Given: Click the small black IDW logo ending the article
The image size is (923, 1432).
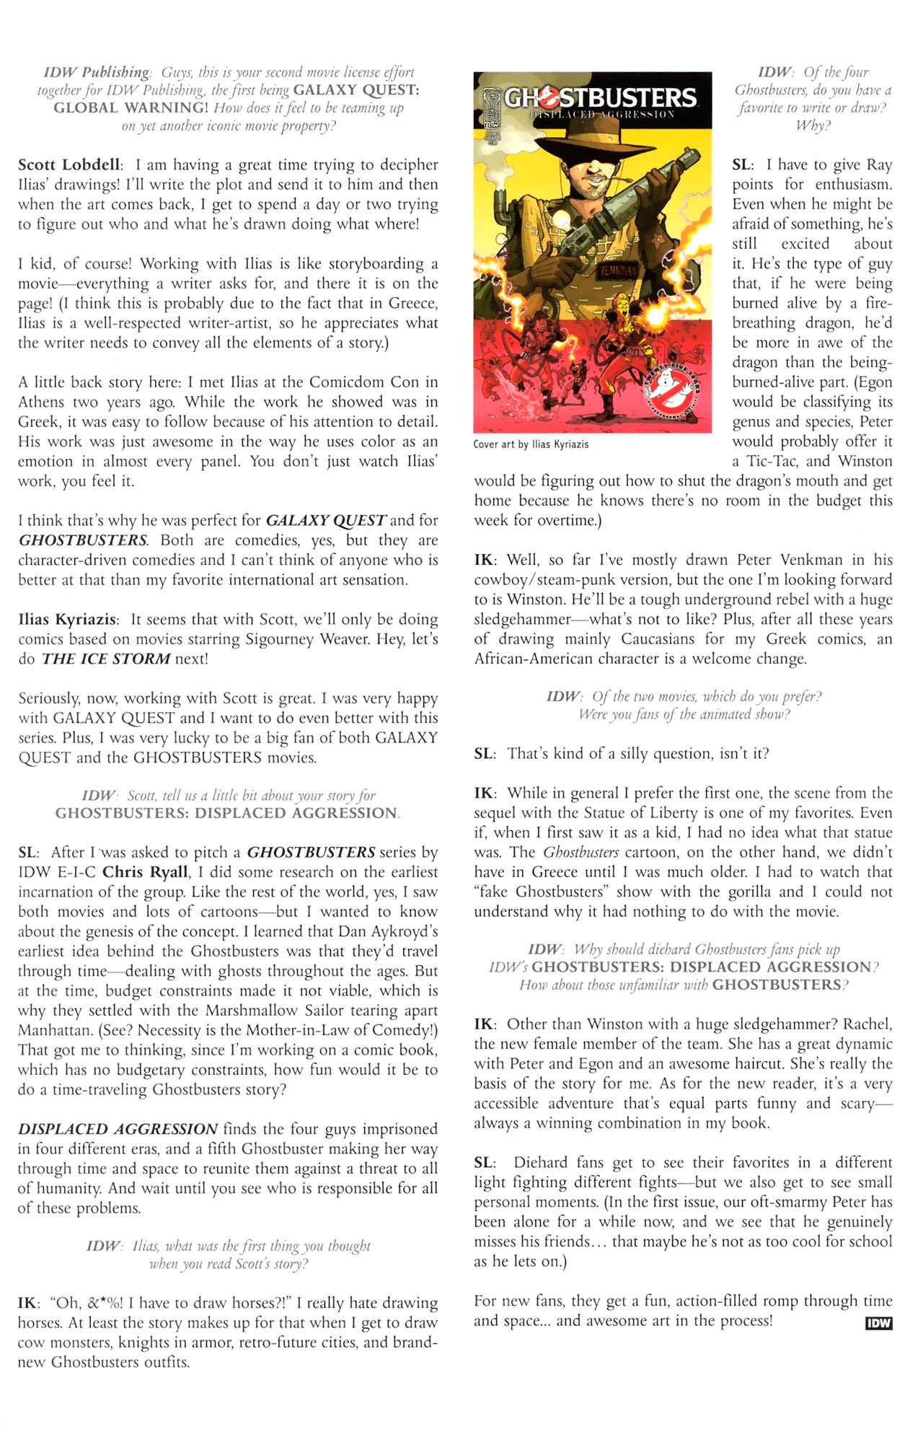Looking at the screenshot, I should pos(878,1322).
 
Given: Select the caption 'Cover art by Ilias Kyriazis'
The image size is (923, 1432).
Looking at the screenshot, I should pos(531,444).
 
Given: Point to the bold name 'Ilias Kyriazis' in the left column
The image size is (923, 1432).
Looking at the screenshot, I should pos(67,620).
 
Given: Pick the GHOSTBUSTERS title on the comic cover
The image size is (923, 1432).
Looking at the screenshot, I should pos(600,97).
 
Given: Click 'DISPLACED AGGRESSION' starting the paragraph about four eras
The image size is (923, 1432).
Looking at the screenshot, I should pos(118,1129).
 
